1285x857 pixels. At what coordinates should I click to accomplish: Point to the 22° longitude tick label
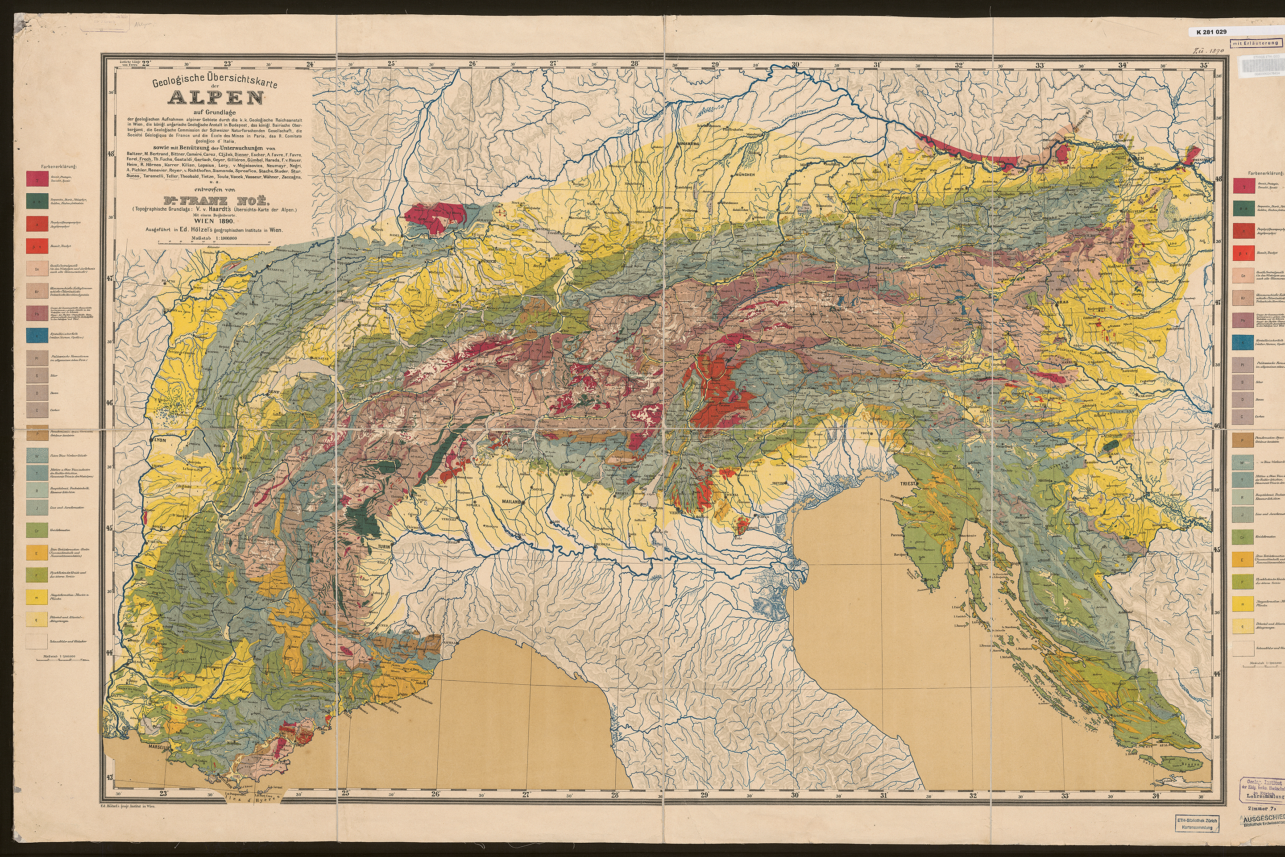(146, 63)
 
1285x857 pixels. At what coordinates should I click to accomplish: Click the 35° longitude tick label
(1204, 65)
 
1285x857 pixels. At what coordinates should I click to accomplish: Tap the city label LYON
(160, 439)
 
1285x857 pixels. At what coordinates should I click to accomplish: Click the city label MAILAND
(509, 501)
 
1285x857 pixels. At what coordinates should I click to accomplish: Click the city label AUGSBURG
(688, 144)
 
